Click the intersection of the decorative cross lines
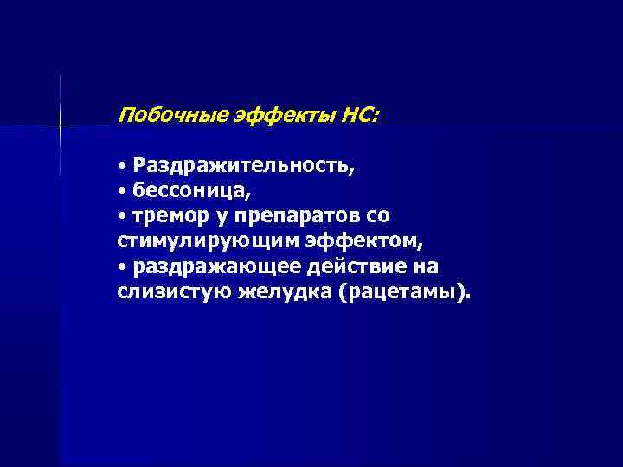61,125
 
